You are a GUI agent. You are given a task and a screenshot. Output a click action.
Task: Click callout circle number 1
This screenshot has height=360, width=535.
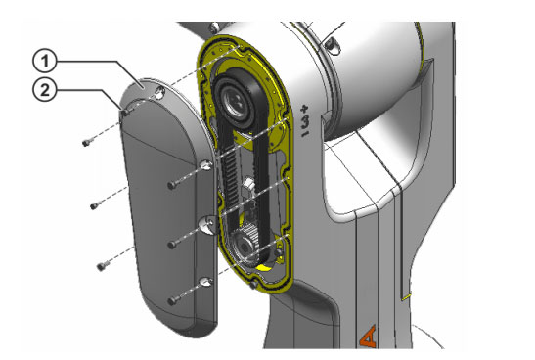(x=44, y=61)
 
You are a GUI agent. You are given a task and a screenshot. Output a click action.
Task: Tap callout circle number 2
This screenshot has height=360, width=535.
(x=44, y=90)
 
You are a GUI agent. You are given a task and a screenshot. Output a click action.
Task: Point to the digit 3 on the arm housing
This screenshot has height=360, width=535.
(x=305, y=122)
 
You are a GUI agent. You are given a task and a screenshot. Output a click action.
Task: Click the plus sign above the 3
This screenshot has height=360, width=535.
(x=304, y=110)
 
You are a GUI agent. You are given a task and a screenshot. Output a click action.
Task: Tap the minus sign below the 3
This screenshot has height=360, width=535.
(x=305, y=133)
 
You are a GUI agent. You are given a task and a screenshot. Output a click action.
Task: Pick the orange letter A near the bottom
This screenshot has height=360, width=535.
(x=369, y=337)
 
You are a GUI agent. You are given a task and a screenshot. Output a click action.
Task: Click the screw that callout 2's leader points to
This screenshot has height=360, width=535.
(x=126, y=112)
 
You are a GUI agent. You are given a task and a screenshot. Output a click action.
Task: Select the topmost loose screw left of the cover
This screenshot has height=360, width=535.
(x=87, y=142)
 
